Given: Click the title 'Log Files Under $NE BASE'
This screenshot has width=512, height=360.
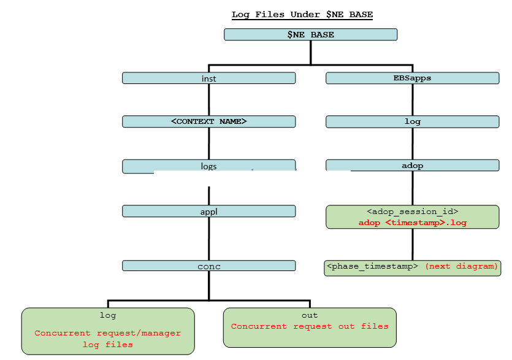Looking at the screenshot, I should (302, 14).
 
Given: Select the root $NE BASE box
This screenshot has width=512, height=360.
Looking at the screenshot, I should (310, 35).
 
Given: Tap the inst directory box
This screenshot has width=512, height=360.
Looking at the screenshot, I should (208, 79).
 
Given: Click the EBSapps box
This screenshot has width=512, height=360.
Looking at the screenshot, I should (412, 79).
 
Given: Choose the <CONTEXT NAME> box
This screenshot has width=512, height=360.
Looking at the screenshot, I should (208, 121).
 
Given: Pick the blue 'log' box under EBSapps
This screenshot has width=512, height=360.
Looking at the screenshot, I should (412, 121).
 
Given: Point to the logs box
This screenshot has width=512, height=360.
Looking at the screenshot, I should (208, 166).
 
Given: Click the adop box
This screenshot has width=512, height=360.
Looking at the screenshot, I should (412, 166).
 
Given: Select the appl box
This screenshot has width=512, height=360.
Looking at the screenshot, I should (208, 212).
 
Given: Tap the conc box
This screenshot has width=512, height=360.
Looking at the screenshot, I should (208, 266).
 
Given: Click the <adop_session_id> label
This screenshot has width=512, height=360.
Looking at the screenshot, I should (412, 212).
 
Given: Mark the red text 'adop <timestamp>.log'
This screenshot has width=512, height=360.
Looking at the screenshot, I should (412, 223).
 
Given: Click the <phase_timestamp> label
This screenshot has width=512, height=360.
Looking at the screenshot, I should (373, 267).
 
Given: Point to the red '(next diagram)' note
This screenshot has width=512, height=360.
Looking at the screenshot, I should (461, 267).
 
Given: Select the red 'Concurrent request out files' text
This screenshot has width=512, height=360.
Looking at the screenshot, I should (310, 326).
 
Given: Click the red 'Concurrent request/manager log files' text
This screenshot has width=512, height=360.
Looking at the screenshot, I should (108, 339).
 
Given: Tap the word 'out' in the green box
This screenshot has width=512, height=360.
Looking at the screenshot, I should (310, 315).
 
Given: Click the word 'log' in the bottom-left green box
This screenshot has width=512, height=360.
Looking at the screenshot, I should (108, 315).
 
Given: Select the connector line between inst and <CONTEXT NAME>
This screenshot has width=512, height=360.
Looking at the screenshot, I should (209, 100).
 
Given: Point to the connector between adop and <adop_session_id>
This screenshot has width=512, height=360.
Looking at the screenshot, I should (412, 188).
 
